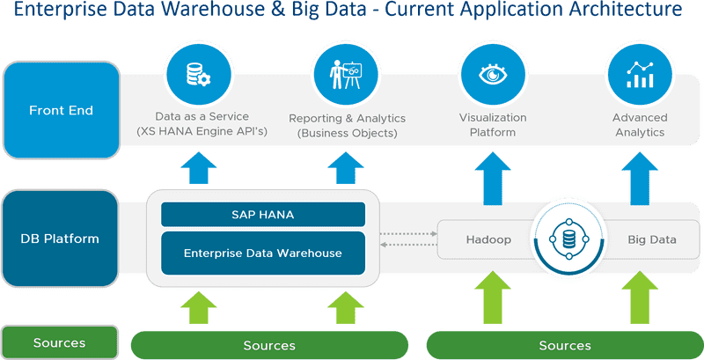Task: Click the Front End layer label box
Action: coord(61,110)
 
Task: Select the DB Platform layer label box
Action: coord(61,239)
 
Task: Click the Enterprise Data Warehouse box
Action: coord(262,253)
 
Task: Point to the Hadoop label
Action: coord(488,239)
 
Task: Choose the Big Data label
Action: coord(652,239)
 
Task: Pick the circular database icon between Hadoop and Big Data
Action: coord(568,239)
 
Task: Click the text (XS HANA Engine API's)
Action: coord(202,132)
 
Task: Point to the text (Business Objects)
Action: coord(347,133)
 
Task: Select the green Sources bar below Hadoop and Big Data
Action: coord(564,345)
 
